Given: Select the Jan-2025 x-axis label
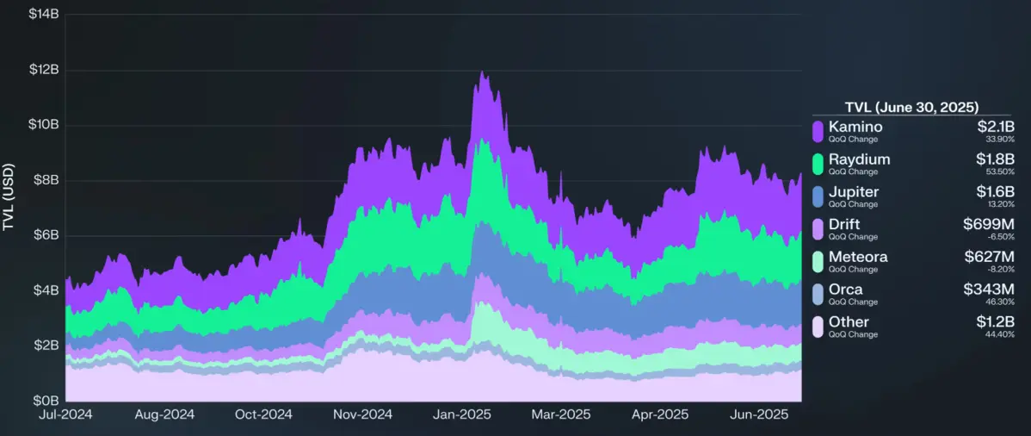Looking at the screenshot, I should (x=462, y=414).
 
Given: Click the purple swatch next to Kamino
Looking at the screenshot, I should (x=818, y=131).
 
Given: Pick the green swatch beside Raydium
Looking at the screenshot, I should (x=818, y=164).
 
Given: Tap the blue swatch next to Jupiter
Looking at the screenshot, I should (x=818, y=196).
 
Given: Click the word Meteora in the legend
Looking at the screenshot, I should (x=858, y=257).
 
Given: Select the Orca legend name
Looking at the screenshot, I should (x=845, y=290).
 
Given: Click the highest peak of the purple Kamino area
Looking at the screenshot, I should (x=482, y=72).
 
